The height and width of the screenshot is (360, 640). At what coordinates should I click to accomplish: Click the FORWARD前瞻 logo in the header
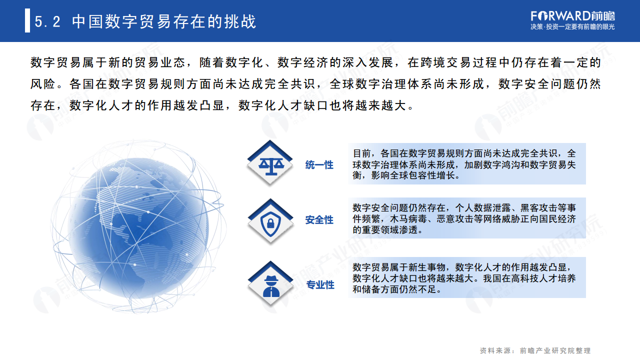(572, 15)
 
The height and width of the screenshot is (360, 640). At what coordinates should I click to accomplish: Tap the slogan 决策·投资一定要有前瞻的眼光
(572, 27)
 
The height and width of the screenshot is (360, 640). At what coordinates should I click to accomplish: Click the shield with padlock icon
(270, 220)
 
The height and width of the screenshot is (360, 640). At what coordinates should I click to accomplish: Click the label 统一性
(319, 165)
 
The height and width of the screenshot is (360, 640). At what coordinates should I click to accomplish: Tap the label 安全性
(319, 220)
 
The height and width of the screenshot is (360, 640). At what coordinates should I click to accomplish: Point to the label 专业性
(320, 285)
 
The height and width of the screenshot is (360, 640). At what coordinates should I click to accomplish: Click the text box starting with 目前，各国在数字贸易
(466, 164)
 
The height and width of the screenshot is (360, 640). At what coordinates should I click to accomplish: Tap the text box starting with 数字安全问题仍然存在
(466, 218)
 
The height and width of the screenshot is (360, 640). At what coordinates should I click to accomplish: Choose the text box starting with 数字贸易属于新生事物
(466, 278)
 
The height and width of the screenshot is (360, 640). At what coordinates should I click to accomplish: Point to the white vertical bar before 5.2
(27, 21)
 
